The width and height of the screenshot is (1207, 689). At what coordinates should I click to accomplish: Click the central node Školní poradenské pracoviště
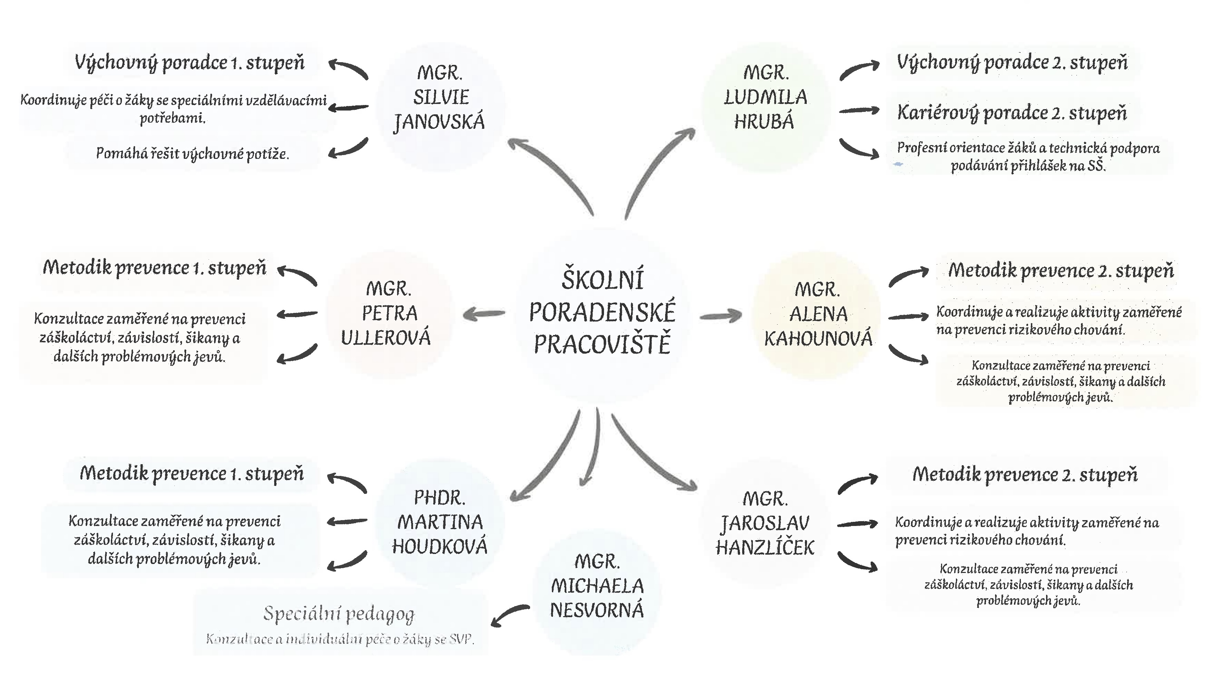coord(602,312)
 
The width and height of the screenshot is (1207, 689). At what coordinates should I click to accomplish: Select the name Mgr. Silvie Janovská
coord(440,97)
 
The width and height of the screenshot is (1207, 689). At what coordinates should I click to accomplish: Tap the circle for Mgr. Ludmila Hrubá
coord(765,97)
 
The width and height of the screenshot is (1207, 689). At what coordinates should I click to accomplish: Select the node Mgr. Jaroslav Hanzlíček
coord(765,523)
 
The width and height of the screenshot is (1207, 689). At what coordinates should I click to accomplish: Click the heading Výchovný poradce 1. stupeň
coord(189,63)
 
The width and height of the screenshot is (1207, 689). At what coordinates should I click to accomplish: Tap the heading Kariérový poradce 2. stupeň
coord(1012,113)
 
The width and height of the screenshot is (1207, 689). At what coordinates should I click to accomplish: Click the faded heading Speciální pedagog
coord(339,613)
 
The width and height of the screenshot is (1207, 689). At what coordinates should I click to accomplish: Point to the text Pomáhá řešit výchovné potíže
coord(192,154)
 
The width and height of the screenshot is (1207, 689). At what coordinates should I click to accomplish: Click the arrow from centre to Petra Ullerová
coord(483,314)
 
